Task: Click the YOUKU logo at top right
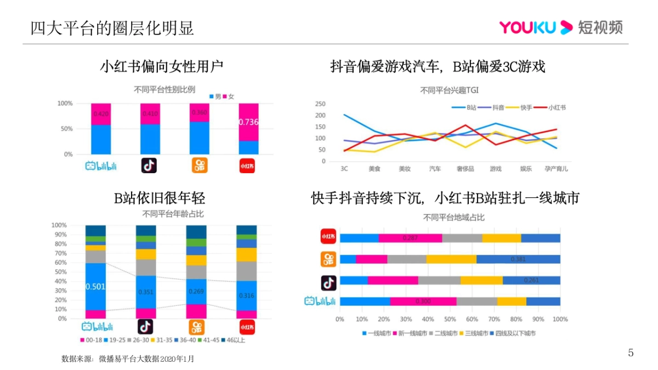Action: [x=560, y=27]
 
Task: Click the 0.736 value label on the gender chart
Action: [x=248, y=122]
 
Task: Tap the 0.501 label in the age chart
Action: [x=95, y=286]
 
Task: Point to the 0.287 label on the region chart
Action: [x=410, y=238]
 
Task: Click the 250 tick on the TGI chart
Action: [x=321, y=104]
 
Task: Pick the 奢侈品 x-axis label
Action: [x=465, y=168]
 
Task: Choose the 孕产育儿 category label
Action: [x=555, y=168]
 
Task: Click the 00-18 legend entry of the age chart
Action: [x=91, y=340]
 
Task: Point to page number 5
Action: [x=631, y=353]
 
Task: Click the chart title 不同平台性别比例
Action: [x=164, y=89]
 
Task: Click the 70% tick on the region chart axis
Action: [x=493, y=318]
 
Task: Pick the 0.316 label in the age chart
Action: [x=246, y=296]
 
